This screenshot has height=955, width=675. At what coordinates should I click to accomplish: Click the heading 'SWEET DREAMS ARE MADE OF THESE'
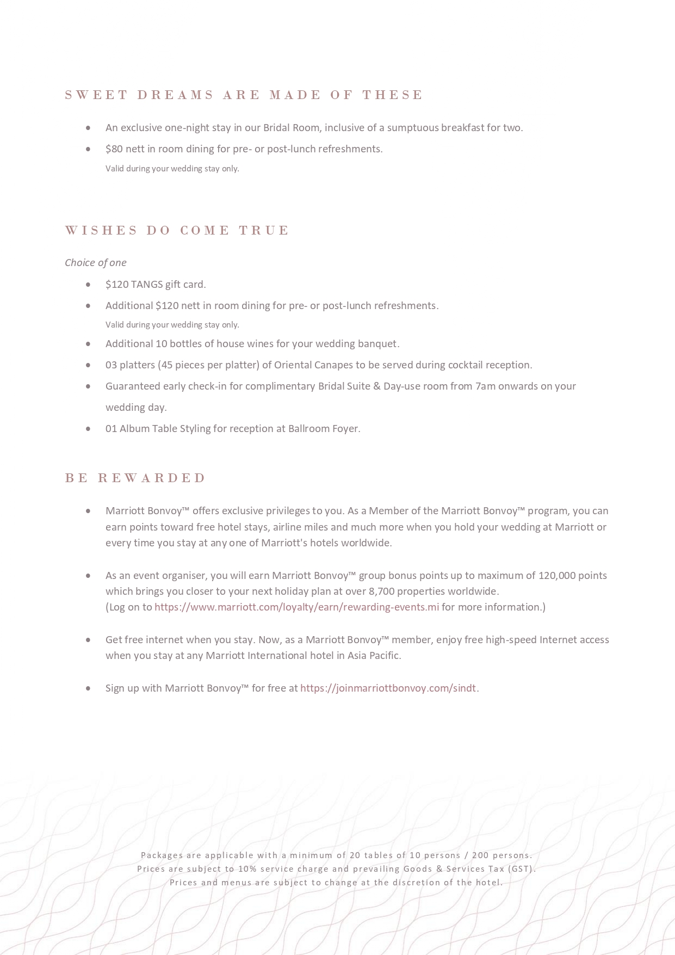click(x=243, y=95)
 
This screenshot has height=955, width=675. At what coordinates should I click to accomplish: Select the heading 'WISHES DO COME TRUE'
click(x=177, y=231)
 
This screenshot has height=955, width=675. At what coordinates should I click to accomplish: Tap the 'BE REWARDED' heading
click(x=135, y=478)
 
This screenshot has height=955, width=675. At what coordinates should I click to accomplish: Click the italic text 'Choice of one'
click(x=96, y=263)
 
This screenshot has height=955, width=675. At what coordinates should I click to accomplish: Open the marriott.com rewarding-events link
click(x=296, y=607)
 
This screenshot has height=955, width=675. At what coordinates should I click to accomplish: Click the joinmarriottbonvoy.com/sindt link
click(x=388, y=688)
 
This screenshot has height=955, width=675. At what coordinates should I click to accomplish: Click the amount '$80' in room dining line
click(x=114, y=149)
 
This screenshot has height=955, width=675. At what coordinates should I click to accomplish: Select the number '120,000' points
click(x=556, y=576)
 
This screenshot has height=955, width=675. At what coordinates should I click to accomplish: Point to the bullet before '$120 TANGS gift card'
click(x=88, y=285)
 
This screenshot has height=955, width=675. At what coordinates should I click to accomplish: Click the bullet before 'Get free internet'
click(x=88, y=640)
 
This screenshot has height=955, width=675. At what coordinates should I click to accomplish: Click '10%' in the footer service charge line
click(x=247, y=869)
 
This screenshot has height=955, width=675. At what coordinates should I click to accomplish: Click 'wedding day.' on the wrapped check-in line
click(x=136, y=408)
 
